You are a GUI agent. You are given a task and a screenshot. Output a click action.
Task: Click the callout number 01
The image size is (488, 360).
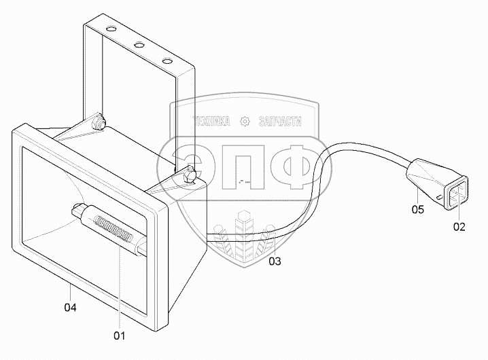coord(119,335)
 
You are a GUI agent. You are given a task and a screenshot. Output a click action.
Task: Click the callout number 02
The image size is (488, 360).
coord(459,226)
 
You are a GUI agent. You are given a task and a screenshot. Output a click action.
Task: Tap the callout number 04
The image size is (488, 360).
coord(70,307)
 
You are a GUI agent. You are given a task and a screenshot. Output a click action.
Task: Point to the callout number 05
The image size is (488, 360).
coord(417,210)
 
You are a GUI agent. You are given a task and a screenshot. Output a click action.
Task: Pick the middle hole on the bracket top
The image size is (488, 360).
coord(138,46)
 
